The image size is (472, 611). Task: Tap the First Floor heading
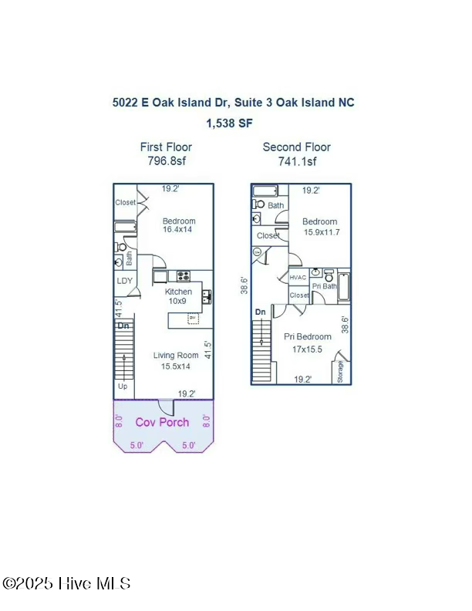[166, 147]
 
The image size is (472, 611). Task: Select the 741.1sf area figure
[297, 161]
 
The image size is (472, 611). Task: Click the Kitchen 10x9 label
[178, 296]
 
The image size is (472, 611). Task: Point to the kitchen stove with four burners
[184, 275]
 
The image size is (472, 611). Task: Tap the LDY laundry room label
[124, 281]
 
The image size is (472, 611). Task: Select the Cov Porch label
[162, 422]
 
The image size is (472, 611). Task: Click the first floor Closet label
[125, 203]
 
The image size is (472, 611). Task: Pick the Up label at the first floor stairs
[122, 387]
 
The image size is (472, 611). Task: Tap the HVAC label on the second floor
[298, 278]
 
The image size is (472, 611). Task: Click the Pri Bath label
[324, 287]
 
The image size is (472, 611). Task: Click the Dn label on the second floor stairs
[261, 312]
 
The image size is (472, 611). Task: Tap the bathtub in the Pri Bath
[344, 287]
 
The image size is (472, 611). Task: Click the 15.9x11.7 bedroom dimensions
[319, 231]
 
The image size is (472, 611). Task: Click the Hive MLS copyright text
[66, 584]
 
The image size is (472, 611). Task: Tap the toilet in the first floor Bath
[121, 248]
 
